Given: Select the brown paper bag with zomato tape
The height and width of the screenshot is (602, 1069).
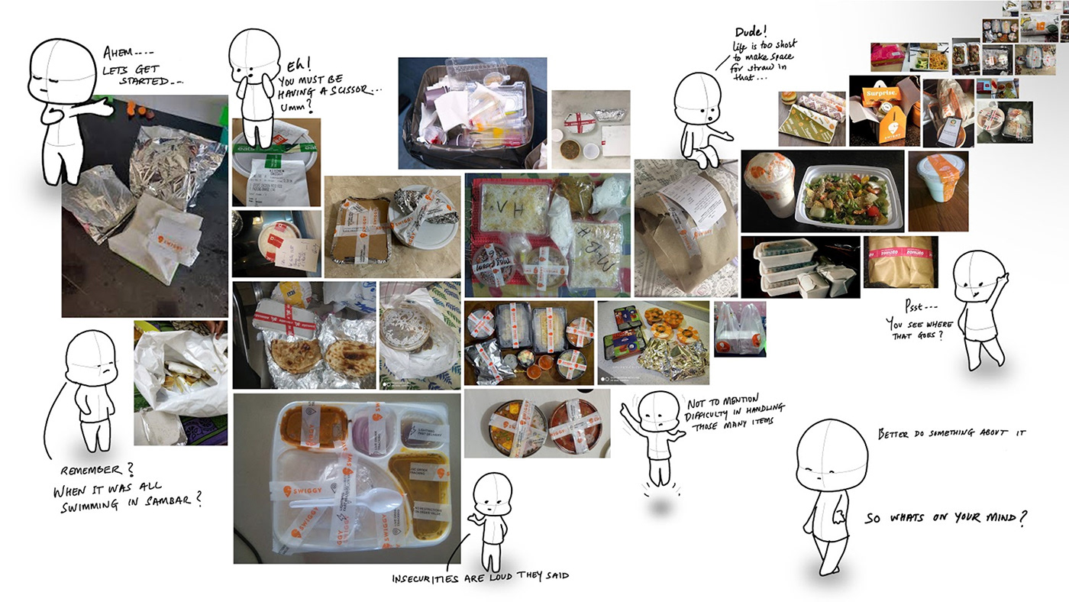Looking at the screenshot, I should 900,261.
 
